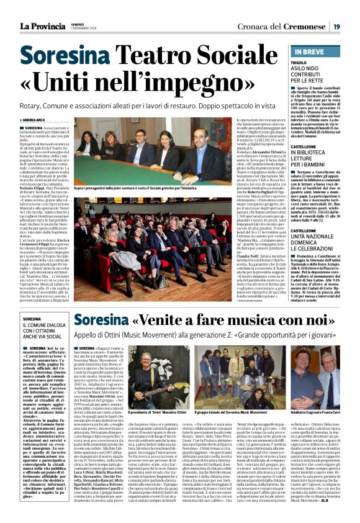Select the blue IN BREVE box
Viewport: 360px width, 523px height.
[x=317, y=52]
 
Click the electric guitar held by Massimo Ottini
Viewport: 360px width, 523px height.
[x=152, y=381]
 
